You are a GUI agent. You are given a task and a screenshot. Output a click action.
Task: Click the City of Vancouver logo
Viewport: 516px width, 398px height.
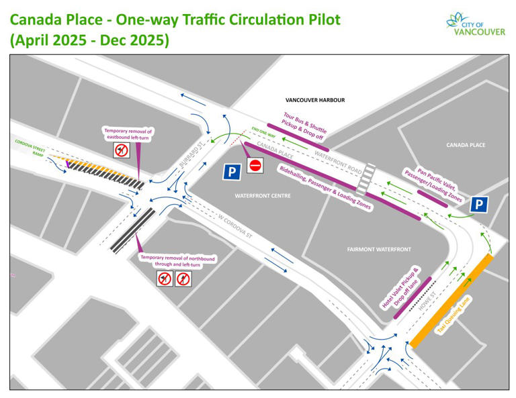[x=475, y=24]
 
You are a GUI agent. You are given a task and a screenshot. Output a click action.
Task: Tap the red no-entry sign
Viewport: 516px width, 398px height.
[x=254, y=165]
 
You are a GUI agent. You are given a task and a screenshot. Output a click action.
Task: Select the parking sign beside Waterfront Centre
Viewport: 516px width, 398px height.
[x=232, y=172]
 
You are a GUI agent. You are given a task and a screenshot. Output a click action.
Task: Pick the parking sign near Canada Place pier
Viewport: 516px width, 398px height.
[x=479, y=205]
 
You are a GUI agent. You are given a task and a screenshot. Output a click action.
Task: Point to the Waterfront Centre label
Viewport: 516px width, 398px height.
[x=261, y=196]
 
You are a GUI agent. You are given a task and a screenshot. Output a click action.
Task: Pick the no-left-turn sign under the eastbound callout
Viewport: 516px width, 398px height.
[x=121, y=150]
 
